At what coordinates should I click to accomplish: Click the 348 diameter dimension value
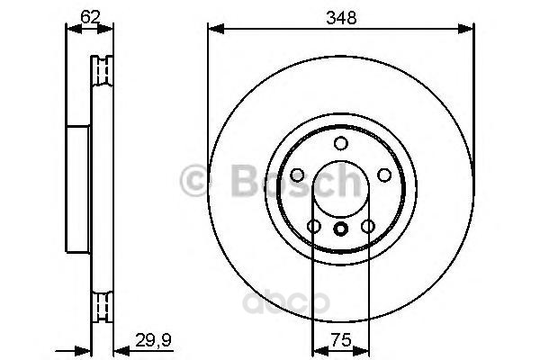[340, 17]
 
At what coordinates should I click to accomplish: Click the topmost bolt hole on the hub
[340, 144]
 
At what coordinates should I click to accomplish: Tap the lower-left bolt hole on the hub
[313, 226]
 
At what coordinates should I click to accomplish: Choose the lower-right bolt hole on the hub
[367, 226]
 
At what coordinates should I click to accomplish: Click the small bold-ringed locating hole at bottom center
[340, 229]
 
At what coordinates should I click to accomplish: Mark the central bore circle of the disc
[340, 190]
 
